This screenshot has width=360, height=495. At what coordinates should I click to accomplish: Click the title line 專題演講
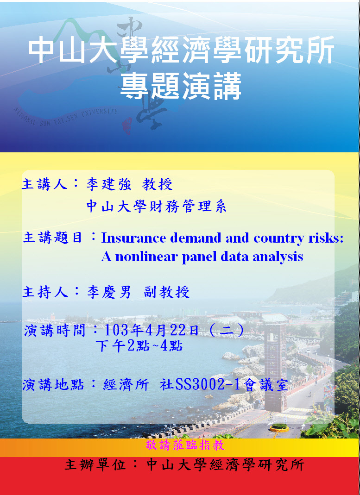(x=181, y=86)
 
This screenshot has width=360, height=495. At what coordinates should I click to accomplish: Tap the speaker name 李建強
(x=108, y=184)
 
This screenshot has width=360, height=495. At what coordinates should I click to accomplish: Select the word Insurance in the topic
(x=133, y=238)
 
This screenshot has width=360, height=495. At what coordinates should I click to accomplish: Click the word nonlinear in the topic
(x=146, y=257)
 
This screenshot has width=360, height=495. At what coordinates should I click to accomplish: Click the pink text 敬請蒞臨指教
(x=185, y=445)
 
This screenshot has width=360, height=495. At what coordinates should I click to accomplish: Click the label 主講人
(x=44, y=184)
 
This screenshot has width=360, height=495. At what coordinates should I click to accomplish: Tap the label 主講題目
(x=52, y=238)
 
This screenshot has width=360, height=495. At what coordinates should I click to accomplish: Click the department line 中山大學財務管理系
(x=156, y=207)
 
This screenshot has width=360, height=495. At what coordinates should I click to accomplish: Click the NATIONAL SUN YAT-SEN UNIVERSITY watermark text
(x=66, y=116)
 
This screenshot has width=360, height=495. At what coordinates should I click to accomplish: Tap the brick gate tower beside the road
(x=275, y=366)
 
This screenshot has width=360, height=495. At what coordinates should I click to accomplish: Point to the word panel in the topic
(x=199, y=257)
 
